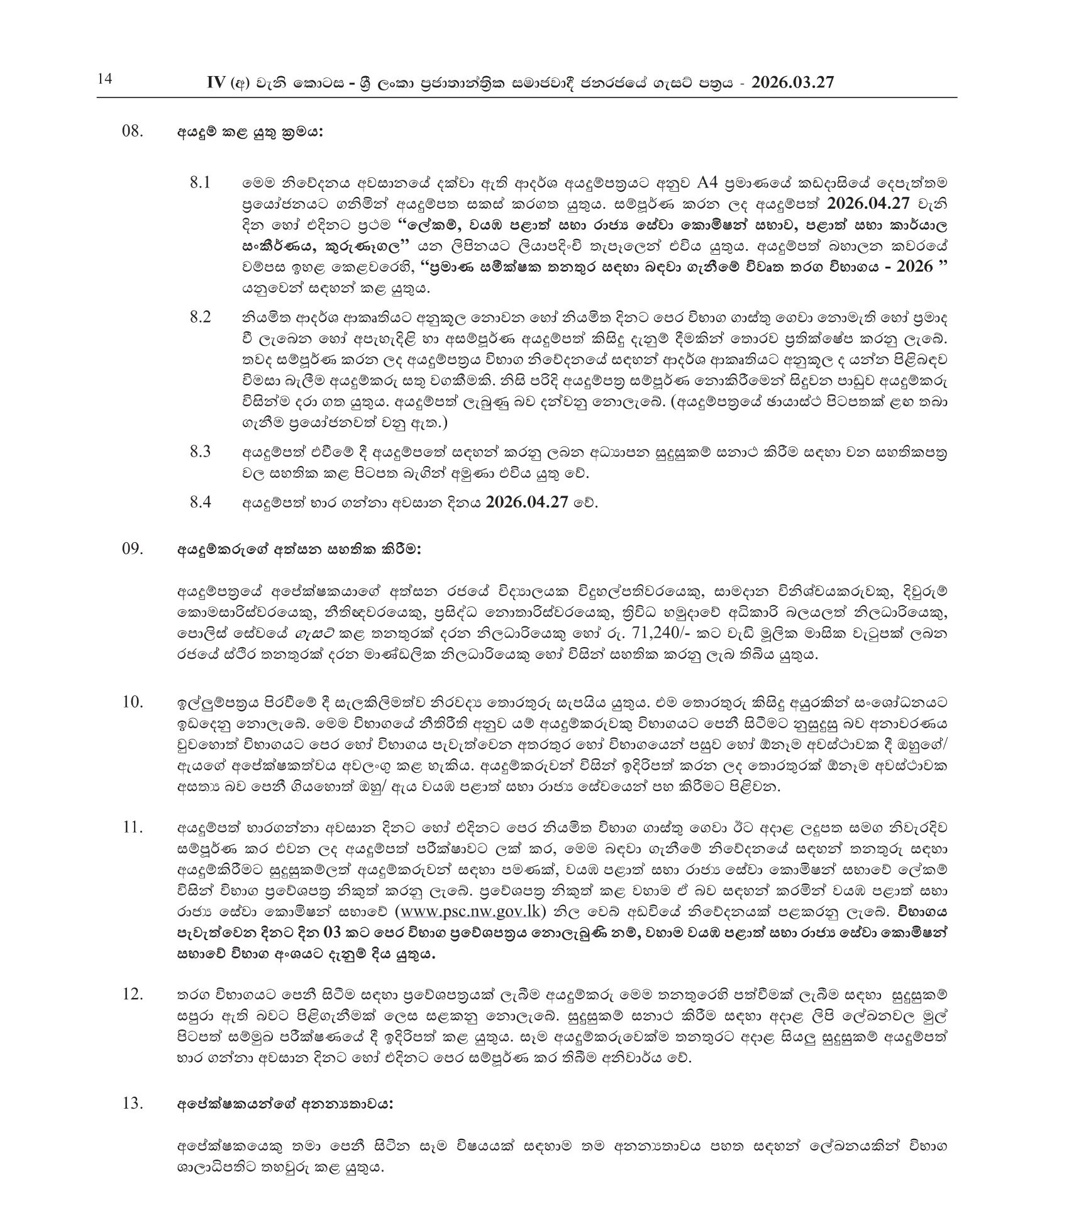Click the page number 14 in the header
coord(104,80)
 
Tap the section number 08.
coord(133,133)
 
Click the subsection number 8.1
coord(200,183)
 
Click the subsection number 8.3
coord(200,452)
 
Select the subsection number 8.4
coord(200,502)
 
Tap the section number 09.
coord(133,549)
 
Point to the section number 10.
coord(133,702)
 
